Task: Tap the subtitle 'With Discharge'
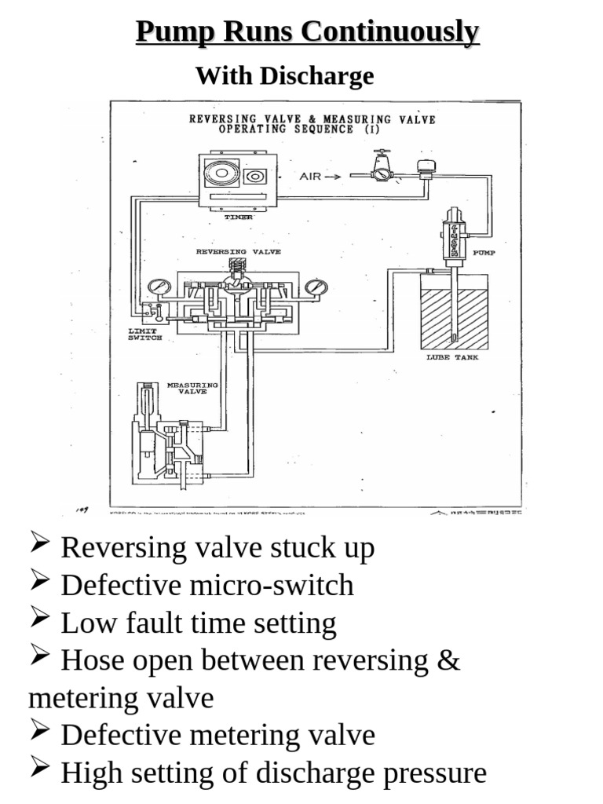(x=284, y=76)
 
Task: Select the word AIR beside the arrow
(x=311, y=177)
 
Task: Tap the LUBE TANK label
(x=452, y=357)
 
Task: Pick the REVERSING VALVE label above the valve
(x=238, y=252)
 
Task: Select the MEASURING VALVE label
(x=187, y=389)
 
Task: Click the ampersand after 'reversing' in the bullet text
(x=447, y=660)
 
